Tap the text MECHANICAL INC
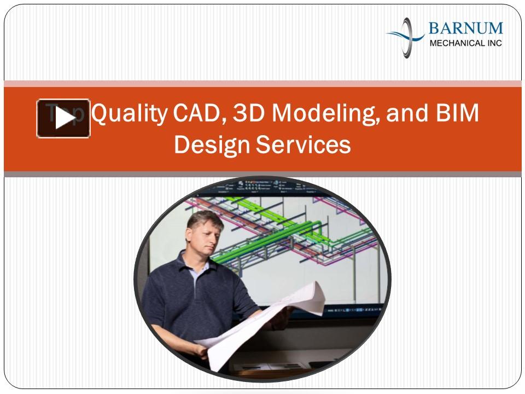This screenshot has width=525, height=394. click(x=465, y=43)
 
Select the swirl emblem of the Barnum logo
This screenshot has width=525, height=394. click(x=406, y=37)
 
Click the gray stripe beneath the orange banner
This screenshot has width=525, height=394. click(x=262, y=174)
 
